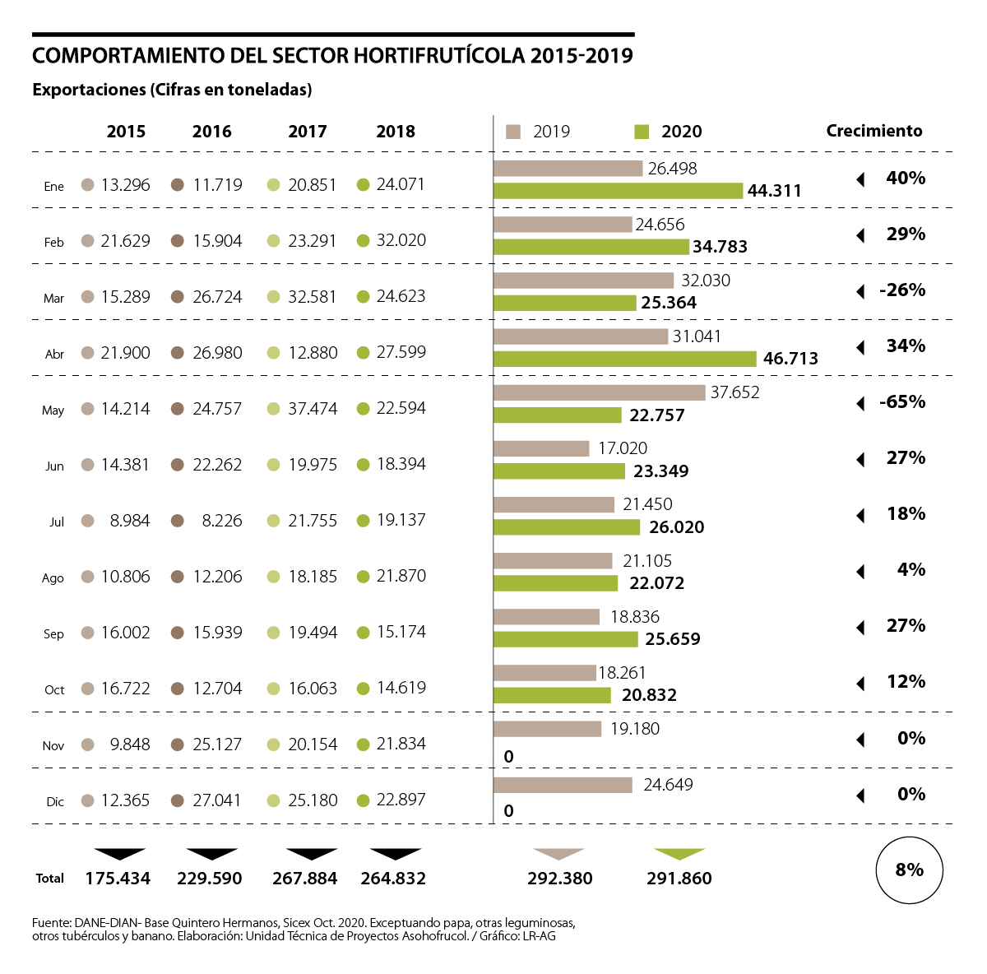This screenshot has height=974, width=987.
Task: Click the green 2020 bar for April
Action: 624,359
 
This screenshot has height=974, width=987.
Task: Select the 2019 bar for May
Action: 599,392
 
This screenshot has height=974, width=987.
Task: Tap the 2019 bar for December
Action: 563,785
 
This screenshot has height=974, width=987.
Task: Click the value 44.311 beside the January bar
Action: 774,191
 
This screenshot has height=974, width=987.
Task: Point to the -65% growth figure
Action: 902,402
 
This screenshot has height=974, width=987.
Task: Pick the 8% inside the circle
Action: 909,870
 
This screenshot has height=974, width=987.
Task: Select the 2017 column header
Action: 308,132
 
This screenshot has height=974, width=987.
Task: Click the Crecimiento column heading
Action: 874,131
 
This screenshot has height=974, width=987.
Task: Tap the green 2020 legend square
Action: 642,132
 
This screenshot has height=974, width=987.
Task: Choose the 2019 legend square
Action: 514,132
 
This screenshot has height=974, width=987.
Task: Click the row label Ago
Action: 53,578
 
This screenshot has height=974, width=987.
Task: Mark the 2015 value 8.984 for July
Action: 130,521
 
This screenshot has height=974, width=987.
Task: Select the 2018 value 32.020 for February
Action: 401,240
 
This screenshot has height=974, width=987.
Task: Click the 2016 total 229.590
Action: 210,879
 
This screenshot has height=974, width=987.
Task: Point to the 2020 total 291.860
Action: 679,879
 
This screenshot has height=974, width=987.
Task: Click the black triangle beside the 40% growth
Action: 860,179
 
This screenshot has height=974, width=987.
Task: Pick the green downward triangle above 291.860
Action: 679,854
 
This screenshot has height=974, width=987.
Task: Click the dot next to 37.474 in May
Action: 274,409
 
